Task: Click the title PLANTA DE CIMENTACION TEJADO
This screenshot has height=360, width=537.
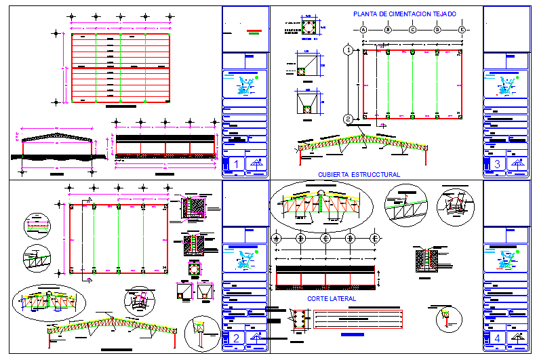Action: tap(404, 14)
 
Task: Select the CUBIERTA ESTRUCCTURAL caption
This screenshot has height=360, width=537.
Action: tap(359, 174)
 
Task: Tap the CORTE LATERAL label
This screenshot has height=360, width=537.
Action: tap(332, 298)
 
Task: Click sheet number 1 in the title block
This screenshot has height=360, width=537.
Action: tap(235, 163)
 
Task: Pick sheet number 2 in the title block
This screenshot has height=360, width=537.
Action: tap(235, 338)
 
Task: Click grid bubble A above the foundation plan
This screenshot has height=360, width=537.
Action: tap(363, 30)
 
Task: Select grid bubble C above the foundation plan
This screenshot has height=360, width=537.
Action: tap(413, 30)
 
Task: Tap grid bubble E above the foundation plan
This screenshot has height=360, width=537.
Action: tap(462, 30)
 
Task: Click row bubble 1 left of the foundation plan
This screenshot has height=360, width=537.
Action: tap(347, 50)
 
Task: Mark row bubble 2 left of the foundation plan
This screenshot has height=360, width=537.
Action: tap(347, 119)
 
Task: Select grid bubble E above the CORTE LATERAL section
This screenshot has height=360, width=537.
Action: tap(374, 239)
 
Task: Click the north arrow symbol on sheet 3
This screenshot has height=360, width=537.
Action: tap(518, 163)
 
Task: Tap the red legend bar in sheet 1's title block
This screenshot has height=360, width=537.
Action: tap(254, 30)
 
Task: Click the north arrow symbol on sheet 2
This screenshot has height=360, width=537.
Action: tap(256, 338)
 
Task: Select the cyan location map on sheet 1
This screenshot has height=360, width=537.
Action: tap(245, 85)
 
